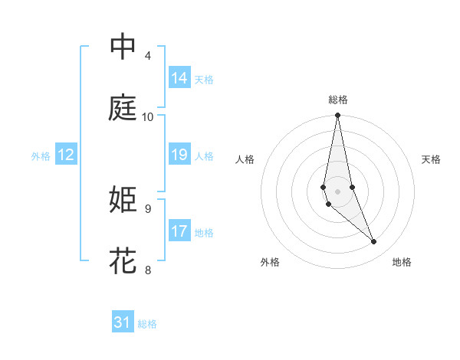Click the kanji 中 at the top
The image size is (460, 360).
[123, 46]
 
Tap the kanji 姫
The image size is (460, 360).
[123, 199]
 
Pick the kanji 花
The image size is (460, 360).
[123, 260]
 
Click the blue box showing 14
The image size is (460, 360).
[179, 78]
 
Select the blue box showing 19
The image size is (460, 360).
[179, 155]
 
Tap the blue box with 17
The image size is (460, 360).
[179, 231]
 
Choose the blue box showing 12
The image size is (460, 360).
[66, 155]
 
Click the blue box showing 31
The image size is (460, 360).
[123, 322]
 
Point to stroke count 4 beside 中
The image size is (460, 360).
[148, 56]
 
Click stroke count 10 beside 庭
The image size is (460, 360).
[148, 117]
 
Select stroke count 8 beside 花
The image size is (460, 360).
[148, 270]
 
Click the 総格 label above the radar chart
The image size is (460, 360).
[338, 100]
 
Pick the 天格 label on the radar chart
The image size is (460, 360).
[432, 159]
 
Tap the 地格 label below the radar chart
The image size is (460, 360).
[402, 262]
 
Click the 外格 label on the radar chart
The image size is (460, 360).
[270, 262]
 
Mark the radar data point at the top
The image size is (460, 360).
[337, 116]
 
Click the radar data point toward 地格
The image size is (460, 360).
[374, 242]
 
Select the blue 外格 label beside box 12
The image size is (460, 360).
[41, 155]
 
